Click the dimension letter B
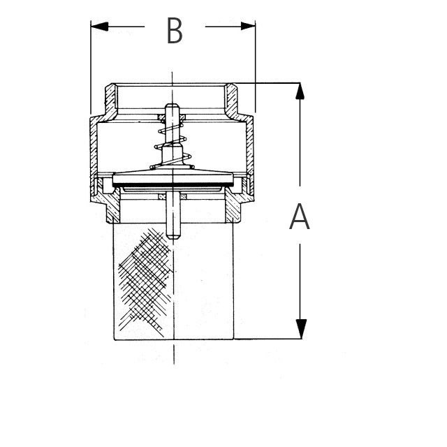[x=175, y=31]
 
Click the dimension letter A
[x=300, y=217]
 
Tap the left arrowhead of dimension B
[x=99, y=27]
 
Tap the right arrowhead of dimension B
[x=248, y=26]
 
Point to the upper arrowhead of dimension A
[x=300, y=91]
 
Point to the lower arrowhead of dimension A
[x=301, y=329]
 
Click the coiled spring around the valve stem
[x=173, y=145]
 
